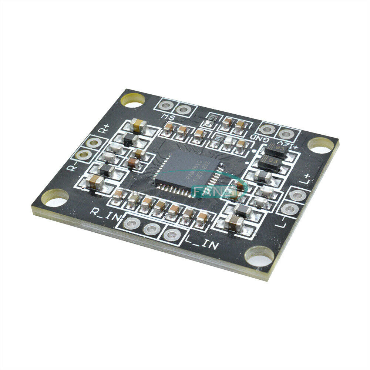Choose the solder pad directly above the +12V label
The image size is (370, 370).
(x=286, y=133)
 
